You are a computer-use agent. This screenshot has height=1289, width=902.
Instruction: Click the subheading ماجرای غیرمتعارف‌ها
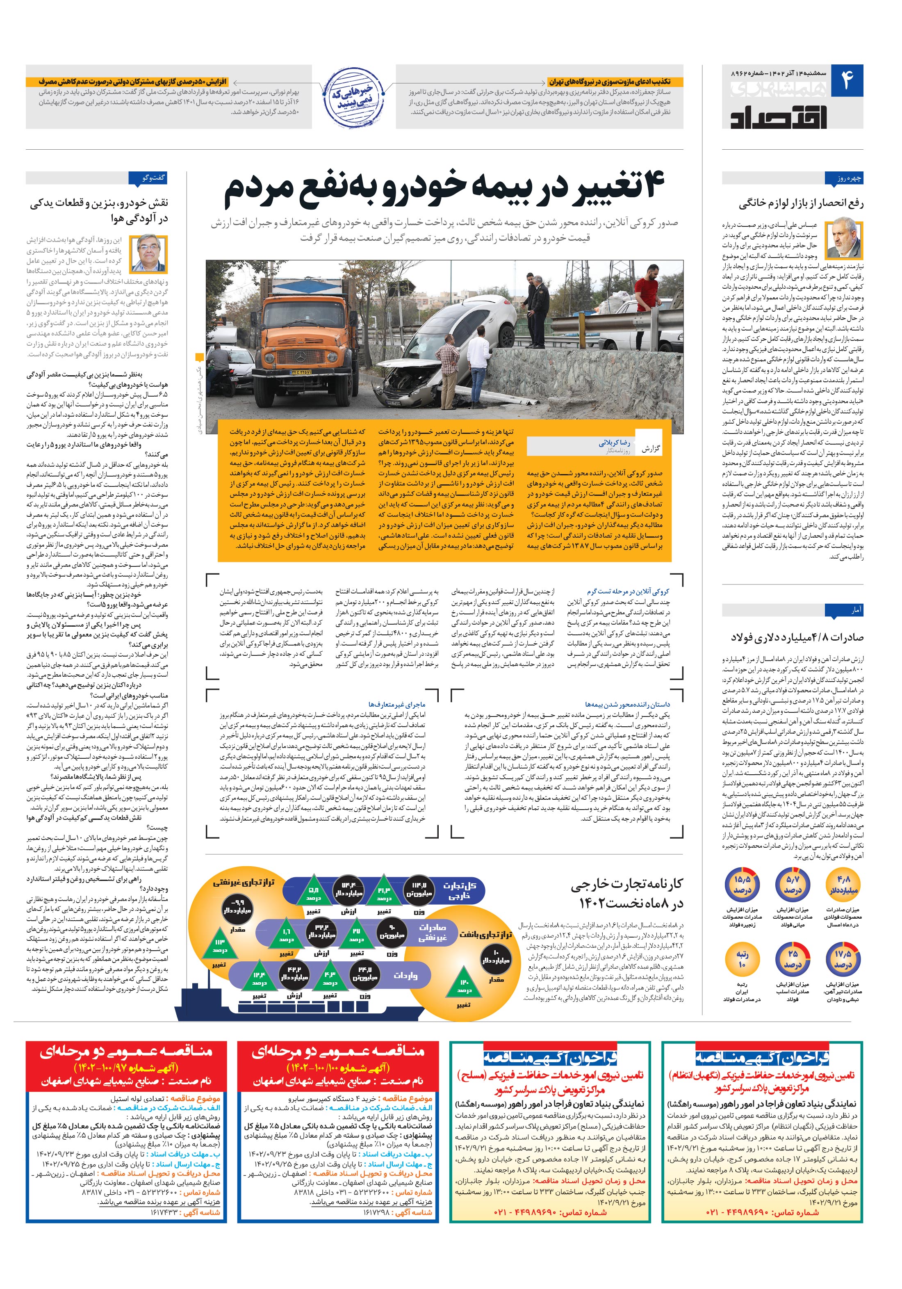pyautogui.click(x=397, y=704)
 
